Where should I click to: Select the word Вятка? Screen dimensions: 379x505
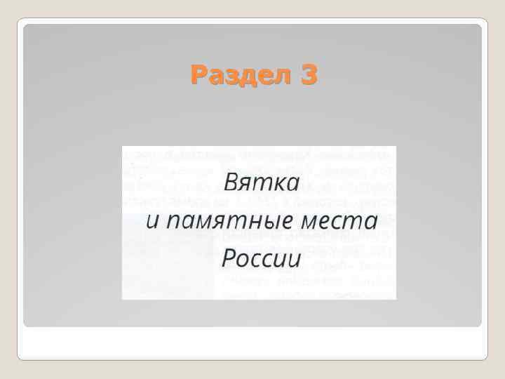261,184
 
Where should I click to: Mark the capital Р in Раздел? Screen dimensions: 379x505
198,74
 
